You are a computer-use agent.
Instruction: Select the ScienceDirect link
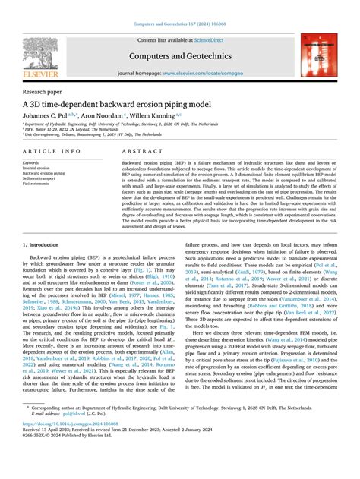coord(210,40)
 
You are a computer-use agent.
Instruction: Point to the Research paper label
coord(43,90)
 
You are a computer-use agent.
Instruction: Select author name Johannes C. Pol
coord(51,115)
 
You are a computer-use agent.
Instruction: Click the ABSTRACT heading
coord(141,151)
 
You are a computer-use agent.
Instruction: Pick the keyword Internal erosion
coord(36,168)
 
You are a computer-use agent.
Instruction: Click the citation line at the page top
coord(180,7)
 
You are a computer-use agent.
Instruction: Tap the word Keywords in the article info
coord(31,162)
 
